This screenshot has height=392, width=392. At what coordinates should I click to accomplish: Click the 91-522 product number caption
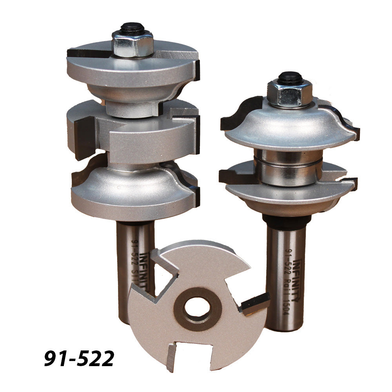point(79,358)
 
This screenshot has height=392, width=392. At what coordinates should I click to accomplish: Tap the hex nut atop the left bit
point(132,44)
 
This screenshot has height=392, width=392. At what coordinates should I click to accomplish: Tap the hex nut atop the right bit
point(289,93)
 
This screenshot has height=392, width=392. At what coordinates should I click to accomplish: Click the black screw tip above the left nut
point(132,27)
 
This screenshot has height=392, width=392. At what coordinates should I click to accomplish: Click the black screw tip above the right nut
point(289,76)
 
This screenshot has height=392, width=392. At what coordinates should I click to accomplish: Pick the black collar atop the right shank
point(284,221)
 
